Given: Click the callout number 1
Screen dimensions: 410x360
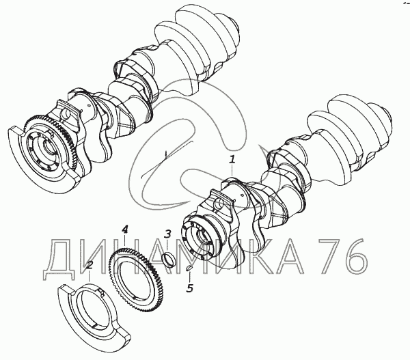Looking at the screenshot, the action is [x=232, y=160].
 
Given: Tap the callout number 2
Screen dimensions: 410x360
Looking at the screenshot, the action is [x=90, y=266].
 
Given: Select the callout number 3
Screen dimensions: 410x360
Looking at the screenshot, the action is [x=167, y=234].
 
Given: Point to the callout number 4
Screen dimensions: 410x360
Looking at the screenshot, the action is [x=125, y=230].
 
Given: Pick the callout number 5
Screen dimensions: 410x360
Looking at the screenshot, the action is [x=189, y=288].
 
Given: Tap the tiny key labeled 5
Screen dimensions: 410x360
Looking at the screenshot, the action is [x=189, y=268].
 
